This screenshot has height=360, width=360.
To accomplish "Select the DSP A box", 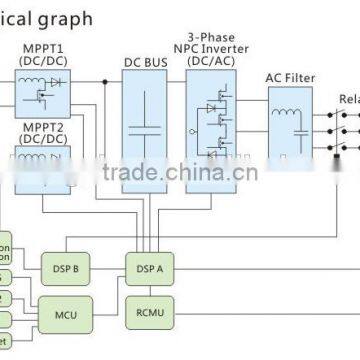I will pos(145,268).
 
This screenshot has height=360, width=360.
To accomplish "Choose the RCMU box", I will pos(145,311).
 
